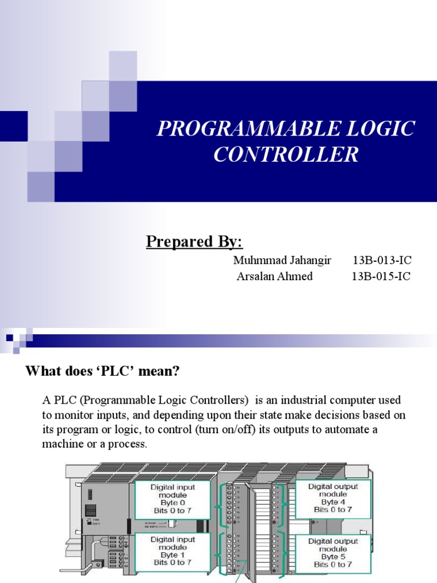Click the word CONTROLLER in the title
point(286,154)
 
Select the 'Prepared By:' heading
point(195,241)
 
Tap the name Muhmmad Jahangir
point(274,261)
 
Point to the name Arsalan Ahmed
point(275,277)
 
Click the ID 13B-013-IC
point(382,261)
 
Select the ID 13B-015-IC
point(381,277)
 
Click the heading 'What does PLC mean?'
point(102,372)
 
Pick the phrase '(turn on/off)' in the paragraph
point(230,429)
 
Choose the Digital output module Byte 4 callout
point(333,498)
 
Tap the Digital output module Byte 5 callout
point(333,552)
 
